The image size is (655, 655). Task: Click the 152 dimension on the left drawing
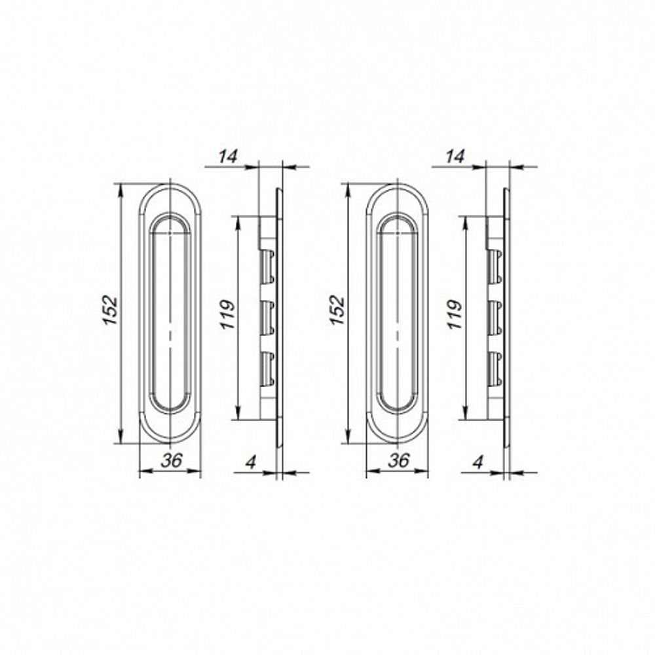[111, 312]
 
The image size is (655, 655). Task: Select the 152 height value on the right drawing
[337, 312]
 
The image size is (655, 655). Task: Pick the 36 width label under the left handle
[171, 460]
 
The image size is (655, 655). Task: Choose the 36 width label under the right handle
[398, 460]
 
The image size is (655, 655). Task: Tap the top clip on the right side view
[495, 266]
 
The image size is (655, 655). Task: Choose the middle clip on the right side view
[495, 316]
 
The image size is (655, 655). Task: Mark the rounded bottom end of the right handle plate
[398, 435]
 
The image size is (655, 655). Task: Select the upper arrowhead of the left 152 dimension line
[121, 190]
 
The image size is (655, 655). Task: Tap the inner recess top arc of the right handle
[398, 220]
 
